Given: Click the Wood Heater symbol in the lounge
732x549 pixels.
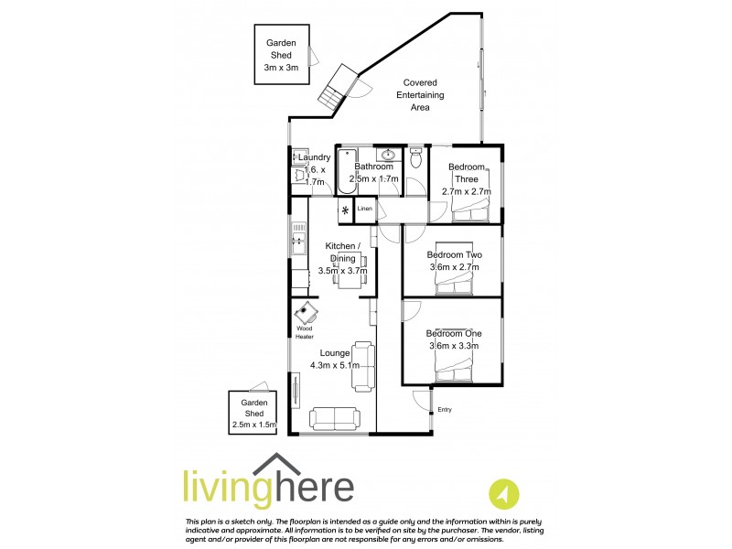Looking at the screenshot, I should click(307, 314).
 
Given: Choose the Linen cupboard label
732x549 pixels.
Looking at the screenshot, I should click(365, 210).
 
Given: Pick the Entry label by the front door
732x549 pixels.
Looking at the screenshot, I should click(445, 409).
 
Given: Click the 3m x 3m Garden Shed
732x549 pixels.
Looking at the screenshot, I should click(282, 55).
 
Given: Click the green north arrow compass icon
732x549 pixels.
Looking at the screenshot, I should click(501, 495).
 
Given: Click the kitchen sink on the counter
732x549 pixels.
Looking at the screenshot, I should click(297, 243).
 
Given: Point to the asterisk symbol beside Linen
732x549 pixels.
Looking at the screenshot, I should click(345, 211).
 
